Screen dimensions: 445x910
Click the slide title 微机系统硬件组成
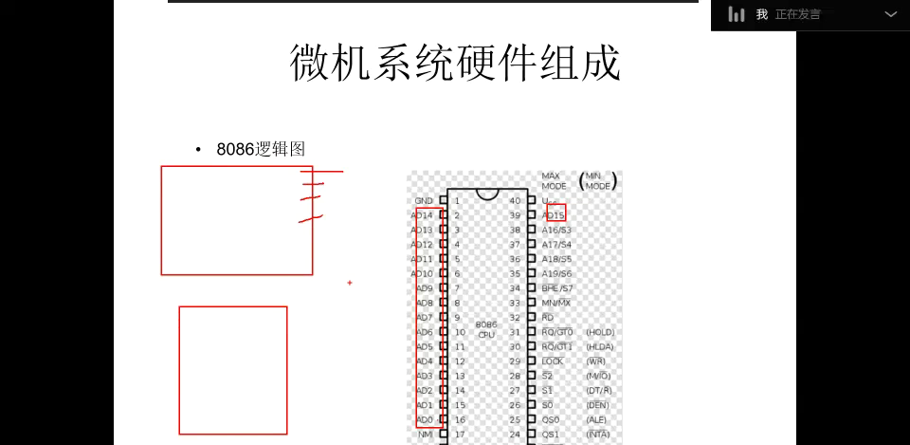(x=455, y=63)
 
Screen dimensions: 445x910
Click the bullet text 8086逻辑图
(x=261, y=149)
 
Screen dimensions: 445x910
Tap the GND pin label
(x=424, y=201)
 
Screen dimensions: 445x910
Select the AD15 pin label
(x=555, y=215)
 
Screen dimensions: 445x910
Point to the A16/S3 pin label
(x=556, y=231)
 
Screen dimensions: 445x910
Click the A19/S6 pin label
(x=556, y=274)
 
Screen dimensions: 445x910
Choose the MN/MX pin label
(x=556, y=303)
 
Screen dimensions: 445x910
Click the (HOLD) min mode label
(x=600, y=332)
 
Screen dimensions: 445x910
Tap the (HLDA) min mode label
(x=600, y=347)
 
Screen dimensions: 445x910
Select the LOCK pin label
(x=553, y=362)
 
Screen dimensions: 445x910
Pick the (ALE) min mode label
(x=597, y=419)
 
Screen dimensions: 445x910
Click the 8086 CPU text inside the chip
(x=486, y=329)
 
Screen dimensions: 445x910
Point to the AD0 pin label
(x=424, y=419)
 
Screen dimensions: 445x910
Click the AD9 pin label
(x=424, y=288)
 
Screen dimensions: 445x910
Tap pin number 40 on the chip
(x=515, y=201)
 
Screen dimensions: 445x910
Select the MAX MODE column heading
(x=554, y=181)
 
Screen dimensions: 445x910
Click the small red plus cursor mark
(x=350, y=283)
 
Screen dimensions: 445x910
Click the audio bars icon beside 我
(x=737, y=14)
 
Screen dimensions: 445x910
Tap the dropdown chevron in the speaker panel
(x=890, y=14)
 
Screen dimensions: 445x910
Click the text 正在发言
(x=798, y=14)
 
